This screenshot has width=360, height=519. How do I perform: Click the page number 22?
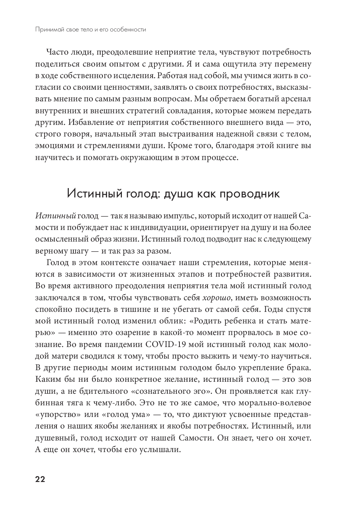[40, 479]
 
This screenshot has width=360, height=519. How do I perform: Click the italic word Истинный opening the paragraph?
[55, 216]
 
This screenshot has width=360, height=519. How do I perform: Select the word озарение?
[131, 333]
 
